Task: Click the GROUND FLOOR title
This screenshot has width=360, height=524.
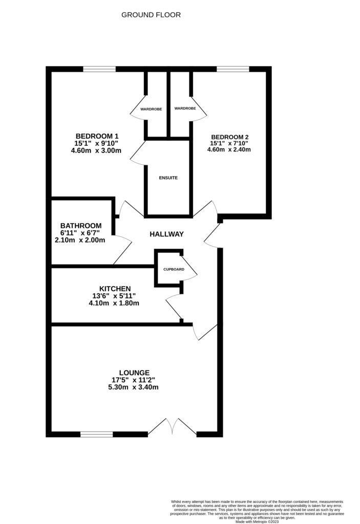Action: pos(151,15)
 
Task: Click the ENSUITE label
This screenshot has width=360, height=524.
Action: pos(168,178)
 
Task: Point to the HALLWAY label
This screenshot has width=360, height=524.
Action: pos(166,234)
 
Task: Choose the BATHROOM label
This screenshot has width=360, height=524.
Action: pos(80,225)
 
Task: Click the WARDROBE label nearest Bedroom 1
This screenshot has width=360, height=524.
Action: pos(144,108)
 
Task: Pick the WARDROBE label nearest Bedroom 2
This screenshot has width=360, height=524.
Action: pos(185,108)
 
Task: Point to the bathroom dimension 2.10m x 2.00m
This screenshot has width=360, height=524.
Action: pos(80,239)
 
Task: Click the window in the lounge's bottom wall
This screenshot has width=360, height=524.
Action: pos(96,434)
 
